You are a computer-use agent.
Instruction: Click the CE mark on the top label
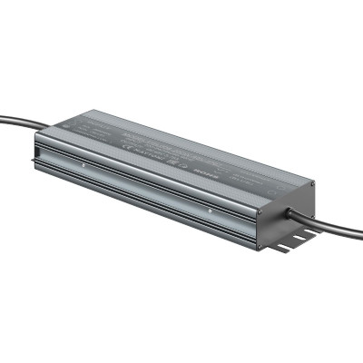pyautogui.click(x=137, y=151)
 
